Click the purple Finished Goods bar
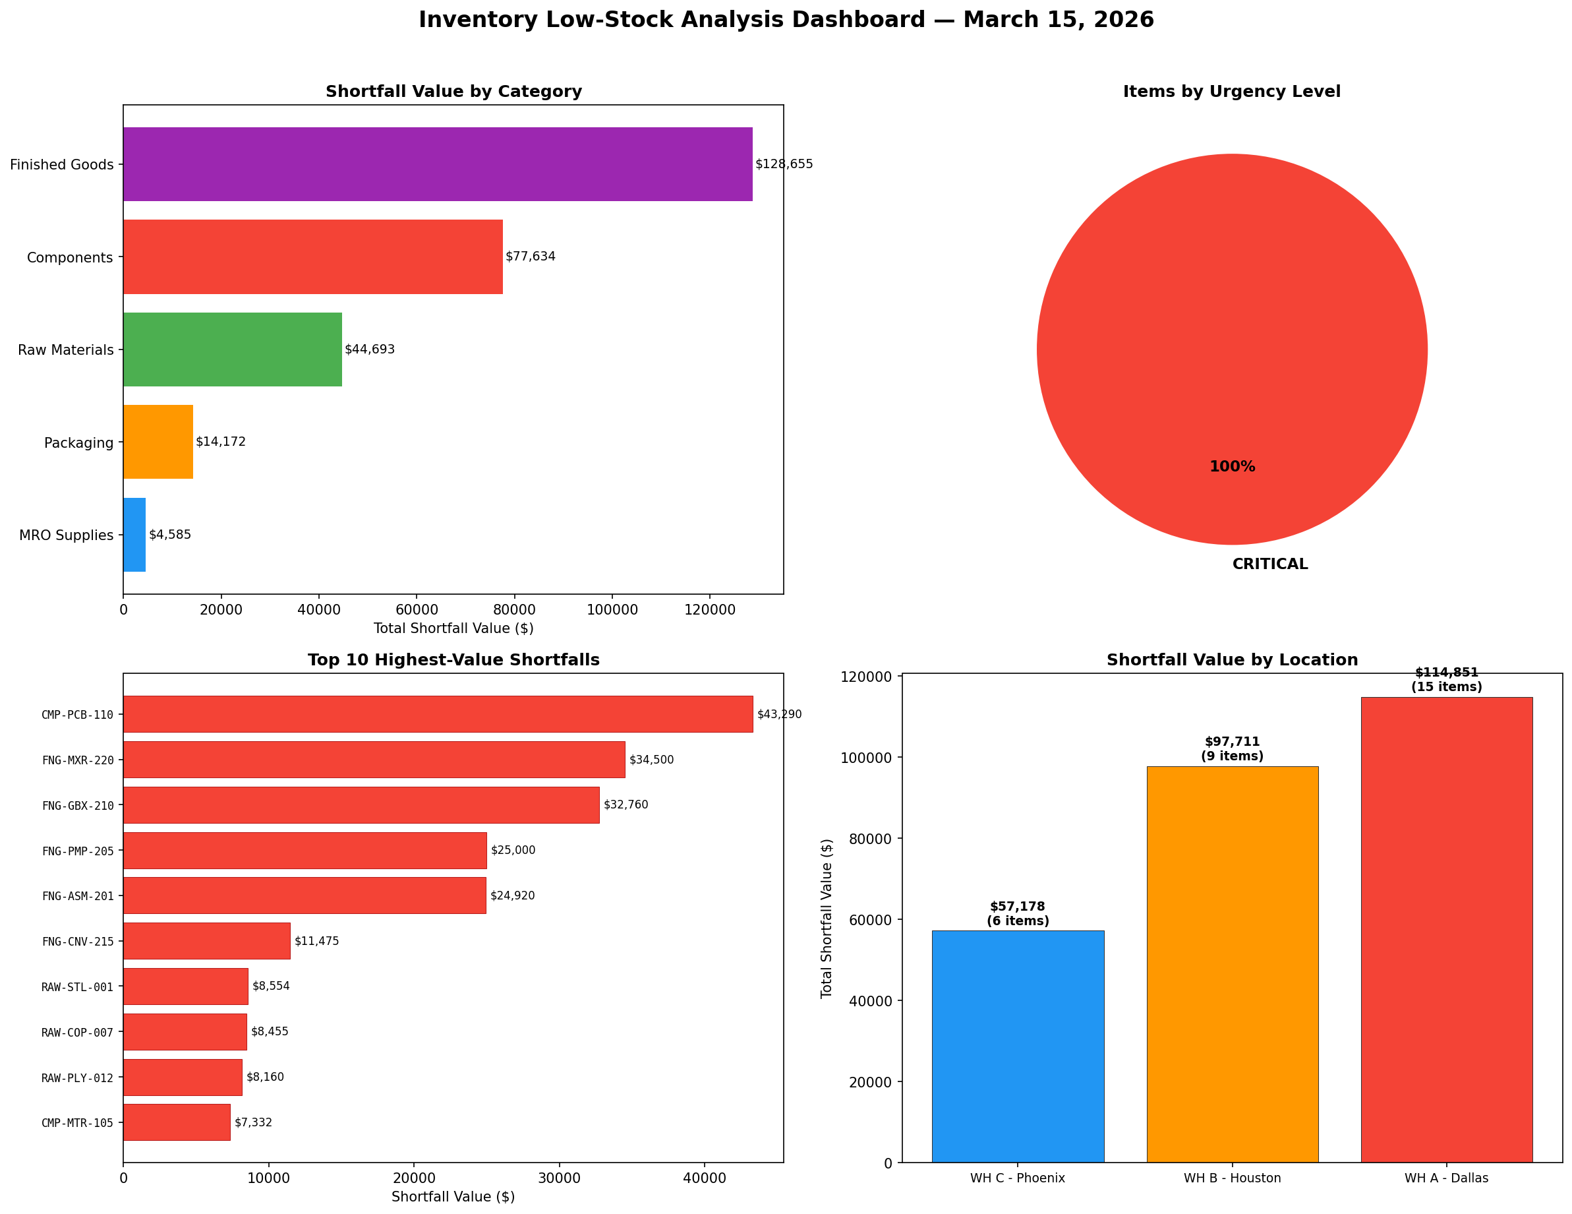point(438,164)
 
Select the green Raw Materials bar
point(233,349)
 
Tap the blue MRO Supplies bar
point(134,534)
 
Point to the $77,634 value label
point(531,257)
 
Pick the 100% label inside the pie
point(1233,467)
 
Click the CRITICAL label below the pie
point(1269,564)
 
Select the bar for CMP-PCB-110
point(438,714)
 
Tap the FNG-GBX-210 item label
point(78,806)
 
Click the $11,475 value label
point(316,941)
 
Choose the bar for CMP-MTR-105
point(177,1122)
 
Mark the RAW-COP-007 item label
point(78,1033)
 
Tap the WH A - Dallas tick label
point(1446,1178)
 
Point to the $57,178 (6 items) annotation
point(1018,914)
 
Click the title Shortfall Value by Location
point(1233,659)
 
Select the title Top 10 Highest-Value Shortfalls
point(453,659)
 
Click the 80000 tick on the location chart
point(871,839)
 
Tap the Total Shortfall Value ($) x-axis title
point(453,628)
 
